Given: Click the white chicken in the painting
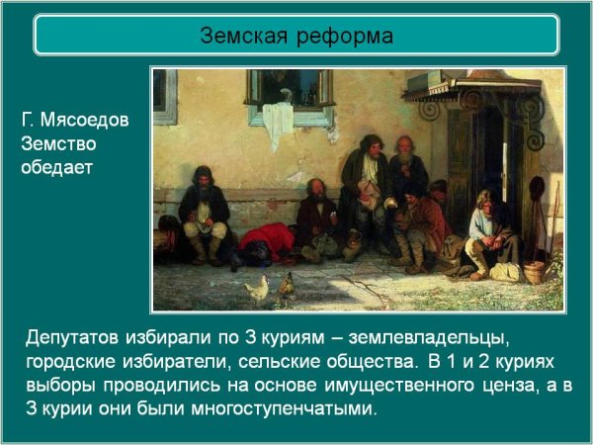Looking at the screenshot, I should coord(257,289).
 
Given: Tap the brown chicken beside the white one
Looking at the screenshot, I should coord(286,287).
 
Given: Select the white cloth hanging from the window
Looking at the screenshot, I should coord(278,123).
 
